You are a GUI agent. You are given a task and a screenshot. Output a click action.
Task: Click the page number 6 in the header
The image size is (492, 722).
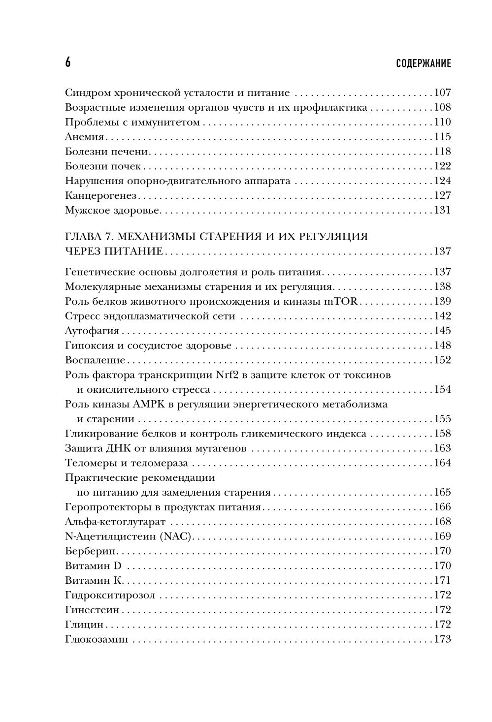[68, 63]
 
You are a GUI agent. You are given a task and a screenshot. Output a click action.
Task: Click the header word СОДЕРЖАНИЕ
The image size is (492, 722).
[423, 63]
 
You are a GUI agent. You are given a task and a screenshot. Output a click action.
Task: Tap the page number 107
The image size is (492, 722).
[442, 93]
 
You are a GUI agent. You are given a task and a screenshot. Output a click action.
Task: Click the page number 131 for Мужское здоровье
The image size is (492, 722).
[442, 211]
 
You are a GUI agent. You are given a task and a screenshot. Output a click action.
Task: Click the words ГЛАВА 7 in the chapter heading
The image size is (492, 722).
[87, 236]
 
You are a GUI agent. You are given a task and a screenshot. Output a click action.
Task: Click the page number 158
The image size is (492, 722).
[442, 434]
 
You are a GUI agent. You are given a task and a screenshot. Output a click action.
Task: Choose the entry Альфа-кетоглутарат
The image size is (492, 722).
[115, 522]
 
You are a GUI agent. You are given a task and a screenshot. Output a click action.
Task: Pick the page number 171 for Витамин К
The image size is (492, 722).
[442, 580]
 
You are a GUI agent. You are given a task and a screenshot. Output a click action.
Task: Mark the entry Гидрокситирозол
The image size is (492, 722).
[110, 595]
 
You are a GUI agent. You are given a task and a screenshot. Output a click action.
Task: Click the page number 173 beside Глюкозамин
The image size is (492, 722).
[442, 639]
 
